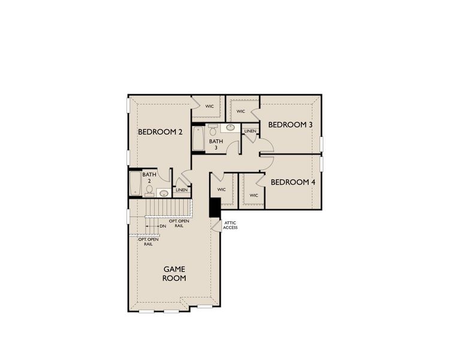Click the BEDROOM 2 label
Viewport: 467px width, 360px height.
click(x=160, y=132)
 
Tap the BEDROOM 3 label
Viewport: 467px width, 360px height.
click(x=290, y=125)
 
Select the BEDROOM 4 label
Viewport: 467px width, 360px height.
click(x=293, y=182)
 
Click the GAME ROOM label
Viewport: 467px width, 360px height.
click(x=174, y=274)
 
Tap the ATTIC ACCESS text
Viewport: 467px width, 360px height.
click(x=230, y=226)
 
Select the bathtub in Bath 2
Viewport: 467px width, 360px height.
click(x=135, y=184)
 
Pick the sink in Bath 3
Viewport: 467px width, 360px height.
click(x=230, y=128)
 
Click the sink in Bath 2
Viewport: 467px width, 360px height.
click(x=163, y=193)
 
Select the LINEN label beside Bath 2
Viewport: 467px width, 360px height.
click(x=182, y=190)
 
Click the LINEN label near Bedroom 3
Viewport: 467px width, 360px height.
click(x=250, y=131)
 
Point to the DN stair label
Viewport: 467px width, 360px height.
click(x=162, y=226)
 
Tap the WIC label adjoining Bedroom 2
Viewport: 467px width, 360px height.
click(x=210, y=106)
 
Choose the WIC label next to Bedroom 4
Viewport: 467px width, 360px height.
click(x=254, y=195)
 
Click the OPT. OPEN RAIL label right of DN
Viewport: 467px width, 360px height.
click(x=179, y=224)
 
